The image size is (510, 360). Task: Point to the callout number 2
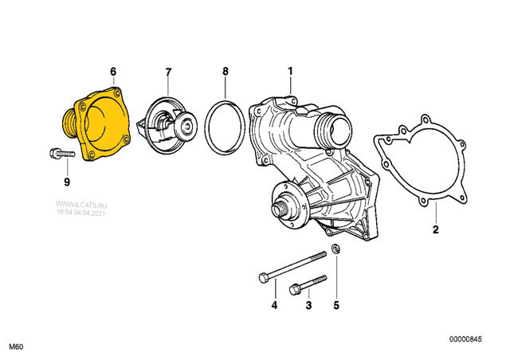(x=435, y=231)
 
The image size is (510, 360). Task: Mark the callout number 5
(x=335, y=305)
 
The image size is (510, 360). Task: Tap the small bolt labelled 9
(x=59, y=153)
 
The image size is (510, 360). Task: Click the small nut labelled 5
(x=336, y=251)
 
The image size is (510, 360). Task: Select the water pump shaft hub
(x=280, y=209)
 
